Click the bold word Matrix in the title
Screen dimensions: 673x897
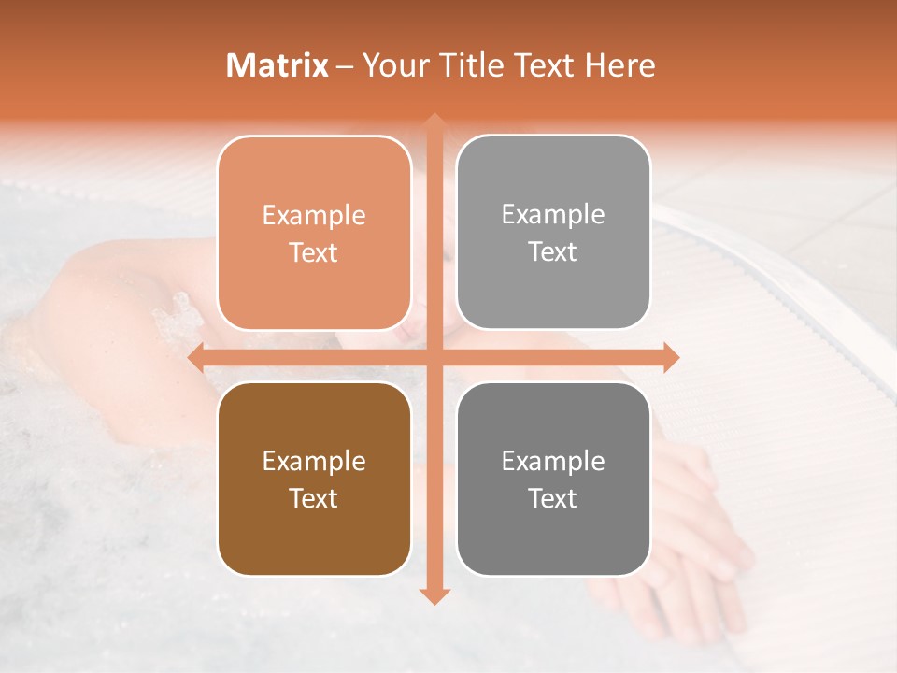point(277,65)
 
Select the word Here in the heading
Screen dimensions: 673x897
point(619,65)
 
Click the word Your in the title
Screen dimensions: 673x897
point(389,65)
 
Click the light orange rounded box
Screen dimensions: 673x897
point(314,233)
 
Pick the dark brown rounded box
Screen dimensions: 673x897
point(314,479)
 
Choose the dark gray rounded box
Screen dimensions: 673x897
point(553,479)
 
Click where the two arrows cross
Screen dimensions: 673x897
point(434,357)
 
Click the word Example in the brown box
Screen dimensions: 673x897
point(314,461)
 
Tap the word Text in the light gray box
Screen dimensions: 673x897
point(553,251)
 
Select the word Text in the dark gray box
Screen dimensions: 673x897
point(553,498)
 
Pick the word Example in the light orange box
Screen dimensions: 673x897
point(314,215)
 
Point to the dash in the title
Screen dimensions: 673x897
point(345,66)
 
